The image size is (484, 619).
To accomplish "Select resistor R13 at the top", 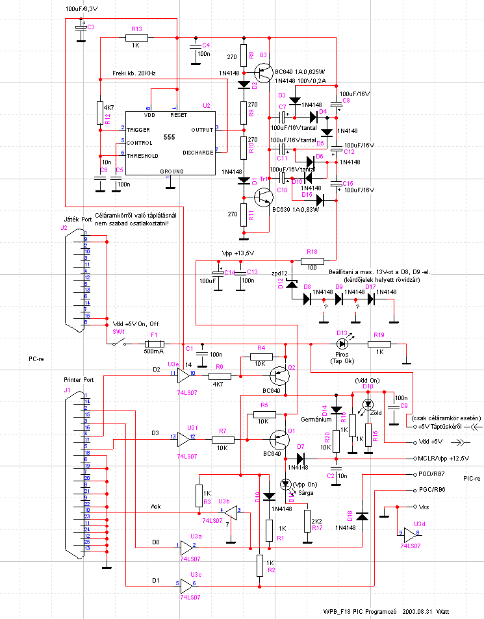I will [136, 38].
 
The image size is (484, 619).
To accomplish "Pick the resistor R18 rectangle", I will [312, 261].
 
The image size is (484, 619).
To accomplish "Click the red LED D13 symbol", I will [342, 344].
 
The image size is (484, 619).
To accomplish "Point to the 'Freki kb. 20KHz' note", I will [133, 72].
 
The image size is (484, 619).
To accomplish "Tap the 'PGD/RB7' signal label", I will [431, 474].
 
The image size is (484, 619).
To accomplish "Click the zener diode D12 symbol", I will [292, 283].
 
